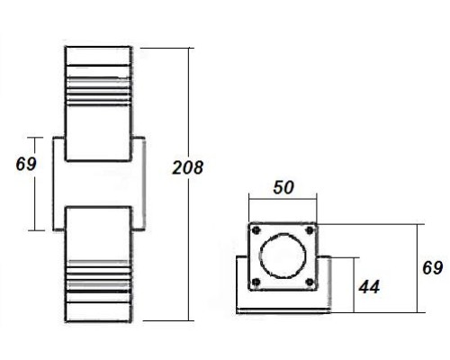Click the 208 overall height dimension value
pyautogui.click(x=188, y=167)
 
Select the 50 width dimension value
pyautogui.click(x=283, y=187)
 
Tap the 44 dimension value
pyautogui.click(x=368, y=286)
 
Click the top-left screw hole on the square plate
pyautogui.click(x=256, y=229)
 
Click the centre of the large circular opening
pyautogui.click(x=283, y=256)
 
